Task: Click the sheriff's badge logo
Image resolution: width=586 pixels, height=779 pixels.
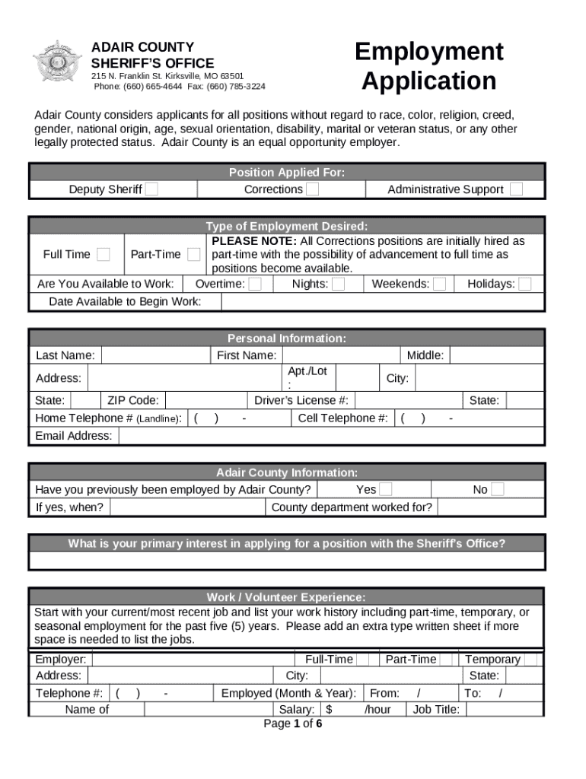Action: (57, 62)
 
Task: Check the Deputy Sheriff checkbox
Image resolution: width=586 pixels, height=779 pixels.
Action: (152, 189)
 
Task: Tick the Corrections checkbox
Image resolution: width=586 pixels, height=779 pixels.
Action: (313, 189)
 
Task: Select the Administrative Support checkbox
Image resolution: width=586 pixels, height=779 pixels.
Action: (516, 189)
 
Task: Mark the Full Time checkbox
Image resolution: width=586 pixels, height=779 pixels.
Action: (104, 254)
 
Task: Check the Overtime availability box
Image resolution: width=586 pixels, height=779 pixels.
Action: (256, 284)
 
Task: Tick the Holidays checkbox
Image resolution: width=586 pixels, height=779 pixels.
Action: (525, 284)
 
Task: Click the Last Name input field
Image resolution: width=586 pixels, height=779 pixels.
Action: (155, 355)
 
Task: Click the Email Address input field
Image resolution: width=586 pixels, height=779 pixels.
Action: (331, 436)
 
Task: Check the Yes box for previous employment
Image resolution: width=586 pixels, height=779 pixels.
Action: (386, 489)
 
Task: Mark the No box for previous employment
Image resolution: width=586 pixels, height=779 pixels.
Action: (497, 489)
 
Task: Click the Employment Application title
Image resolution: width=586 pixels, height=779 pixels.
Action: (428, 66)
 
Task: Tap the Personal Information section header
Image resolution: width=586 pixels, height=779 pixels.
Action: (287, 339)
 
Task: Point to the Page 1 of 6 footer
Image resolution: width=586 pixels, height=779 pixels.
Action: (292, 723)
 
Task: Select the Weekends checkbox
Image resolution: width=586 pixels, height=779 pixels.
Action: (439, 284)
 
